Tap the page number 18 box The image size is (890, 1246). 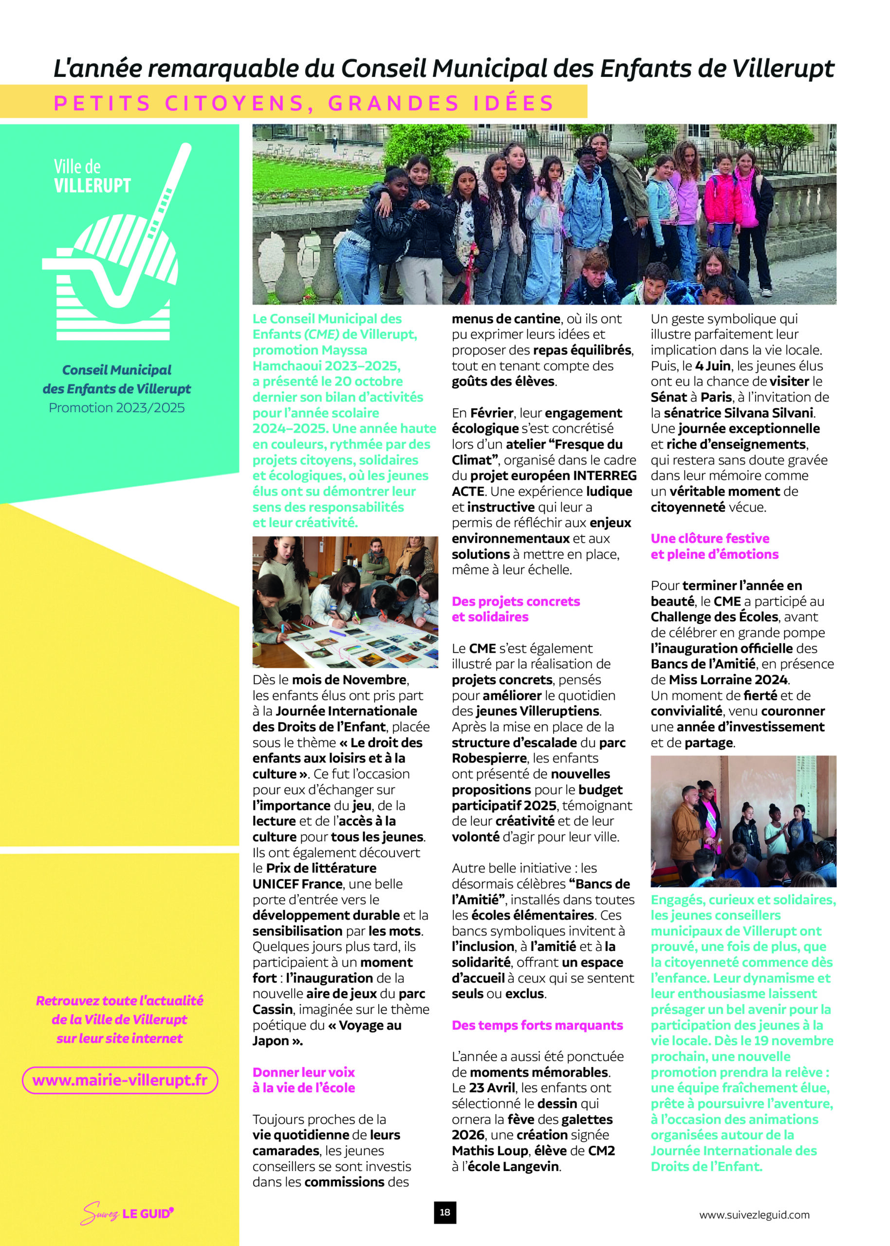click(445, 1212)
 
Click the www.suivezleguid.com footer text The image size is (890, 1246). click(754, 1215)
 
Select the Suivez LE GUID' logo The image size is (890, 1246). click(127, 1212)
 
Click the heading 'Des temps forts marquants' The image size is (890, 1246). click(537, 1024)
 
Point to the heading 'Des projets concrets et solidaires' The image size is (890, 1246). click(515, 608)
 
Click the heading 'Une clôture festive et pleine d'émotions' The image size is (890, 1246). click(714, 546)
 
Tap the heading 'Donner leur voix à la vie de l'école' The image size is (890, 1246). click(304, 1080)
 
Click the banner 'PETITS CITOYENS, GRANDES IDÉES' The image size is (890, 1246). click(304, 102)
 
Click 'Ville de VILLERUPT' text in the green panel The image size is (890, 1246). click(92, 176)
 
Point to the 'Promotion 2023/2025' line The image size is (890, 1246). click(116, 407)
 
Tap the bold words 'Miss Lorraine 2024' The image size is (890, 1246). click(728, 679)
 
